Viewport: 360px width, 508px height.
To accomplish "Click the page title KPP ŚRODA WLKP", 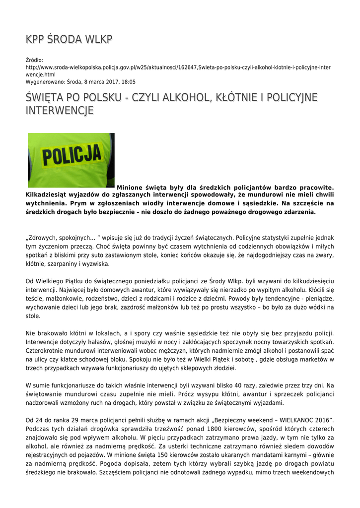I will coord(69,40).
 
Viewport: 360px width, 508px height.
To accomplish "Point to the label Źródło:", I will coord(35,60).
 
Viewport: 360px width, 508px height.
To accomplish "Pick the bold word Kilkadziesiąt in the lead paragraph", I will coord(48,195).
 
